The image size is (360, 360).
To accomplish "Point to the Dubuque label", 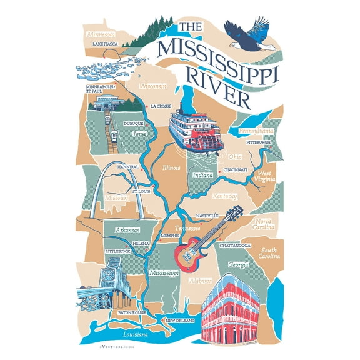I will (134, 123).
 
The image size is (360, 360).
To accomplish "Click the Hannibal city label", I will (128, 167).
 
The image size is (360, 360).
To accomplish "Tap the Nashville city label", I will (206, 216).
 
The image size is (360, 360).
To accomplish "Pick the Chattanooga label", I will (235, 246).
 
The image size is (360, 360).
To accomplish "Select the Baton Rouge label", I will (132, 312).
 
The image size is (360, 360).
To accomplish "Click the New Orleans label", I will (180, 321).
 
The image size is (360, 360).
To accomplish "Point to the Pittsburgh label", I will (258, 142).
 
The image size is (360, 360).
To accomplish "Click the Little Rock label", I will (117, 251).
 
